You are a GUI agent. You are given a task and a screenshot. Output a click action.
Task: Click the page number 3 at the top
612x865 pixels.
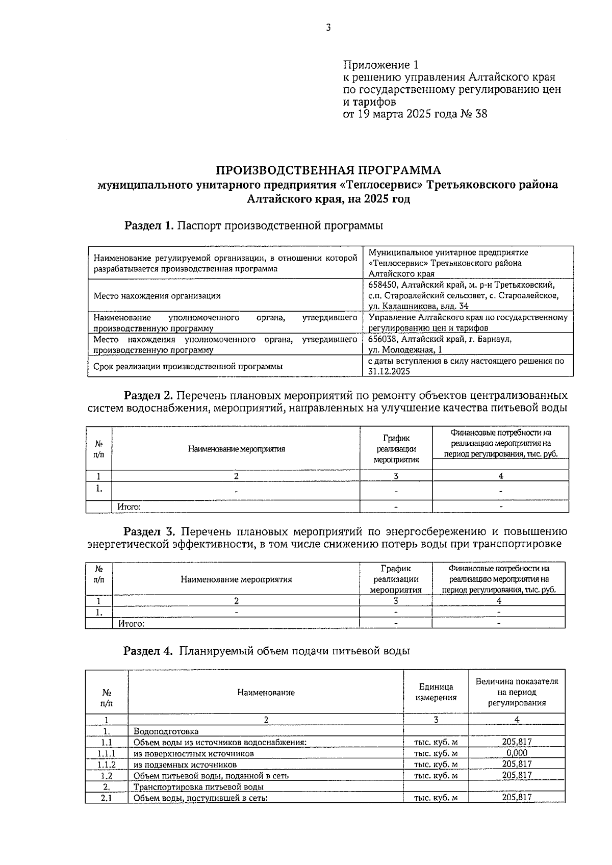[x=328, y=28]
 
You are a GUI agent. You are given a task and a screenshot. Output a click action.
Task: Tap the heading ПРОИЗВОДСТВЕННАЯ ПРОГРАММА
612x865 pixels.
[x=328, y=170]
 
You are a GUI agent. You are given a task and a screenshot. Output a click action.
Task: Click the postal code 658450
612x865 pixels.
[x=383, y=285]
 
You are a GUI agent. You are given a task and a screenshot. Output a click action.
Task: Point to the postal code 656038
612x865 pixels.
[x=383, y=339]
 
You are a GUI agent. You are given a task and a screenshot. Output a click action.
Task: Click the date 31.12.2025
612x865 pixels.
[x=389, y=371]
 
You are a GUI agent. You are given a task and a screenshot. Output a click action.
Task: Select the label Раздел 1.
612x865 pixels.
[x=149, y=225]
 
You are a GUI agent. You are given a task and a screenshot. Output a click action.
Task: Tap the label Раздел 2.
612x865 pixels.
[x=149, y=395]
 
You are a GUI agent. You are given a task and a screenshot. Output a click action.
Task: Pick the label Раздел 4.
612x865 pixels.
[x=149, y=651]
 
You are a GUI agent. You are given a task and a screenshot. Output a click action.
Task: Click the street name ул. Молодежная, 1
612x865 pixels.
[x=405, y=350]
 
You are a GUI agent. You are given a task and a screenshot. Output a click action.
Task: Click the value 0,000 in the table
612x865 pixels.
[x=517, y=753]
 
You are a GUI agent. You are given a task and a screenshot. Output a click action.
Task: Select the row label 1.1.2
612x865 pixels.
[x=107, y=765]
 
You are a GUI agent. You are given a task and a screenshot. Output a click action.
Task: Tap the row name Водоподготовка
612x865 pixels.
[x=166, y=731]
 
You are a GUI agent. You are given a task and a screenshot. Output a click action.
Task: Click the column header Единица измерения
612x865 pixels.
[x=436, y=692]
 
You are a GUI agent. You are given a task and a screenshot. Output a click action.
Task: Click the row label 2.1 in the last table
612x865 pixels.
[x=107, y=798]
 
